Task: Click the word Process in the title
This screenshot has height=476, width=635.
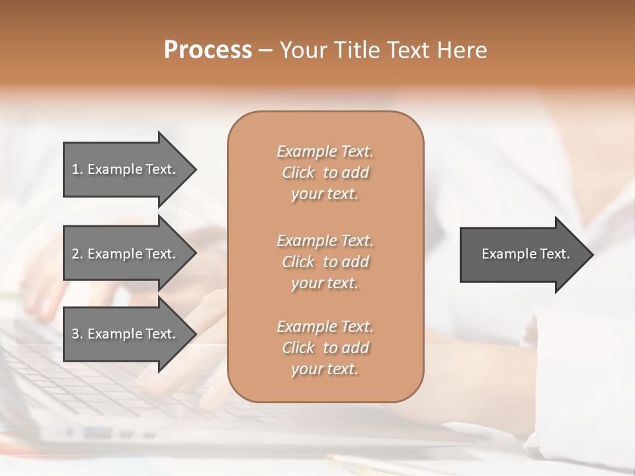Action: point(208,50)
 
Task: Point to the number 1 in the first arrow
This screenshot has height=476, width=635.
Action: point(75,169)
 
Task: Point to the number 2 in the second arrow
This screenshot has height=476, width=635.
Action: point(75,254)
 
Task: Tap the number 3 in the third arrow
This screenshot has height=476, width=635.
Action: point(75,334)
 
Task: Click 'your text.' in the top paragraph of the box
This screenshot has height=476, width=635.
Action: point(325,194)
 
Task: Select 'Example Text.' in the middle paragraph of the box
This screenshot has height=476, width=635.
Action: point(325,240)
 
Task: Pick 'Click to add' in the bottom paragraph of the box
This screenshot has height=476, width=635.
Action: point(325,348)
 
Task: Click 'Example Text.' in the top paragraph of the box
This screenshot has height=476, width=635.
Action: point(325,151)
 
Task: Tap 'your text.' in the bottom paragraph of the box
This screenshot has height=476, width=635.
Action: point(325,370)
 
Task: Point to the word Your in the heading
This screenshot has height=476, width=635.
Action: point(304,50)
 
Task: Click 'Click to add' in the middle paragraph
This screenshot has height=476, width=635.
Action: point(325,262)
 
